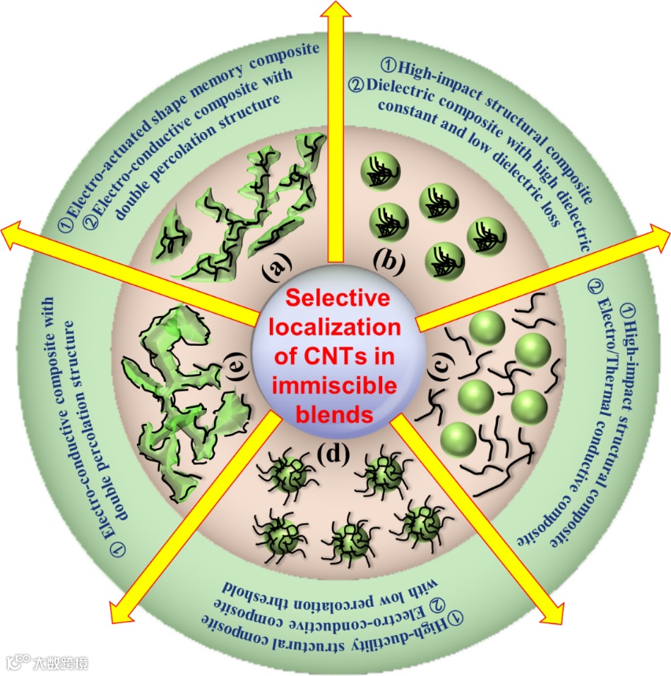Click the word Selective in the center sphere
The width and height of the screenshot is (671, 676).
click(337, 299)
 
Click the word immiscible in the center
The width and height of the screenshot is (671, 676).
click(337, 385)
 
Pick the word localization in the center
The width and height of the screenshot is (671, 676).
click(337, 327)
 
